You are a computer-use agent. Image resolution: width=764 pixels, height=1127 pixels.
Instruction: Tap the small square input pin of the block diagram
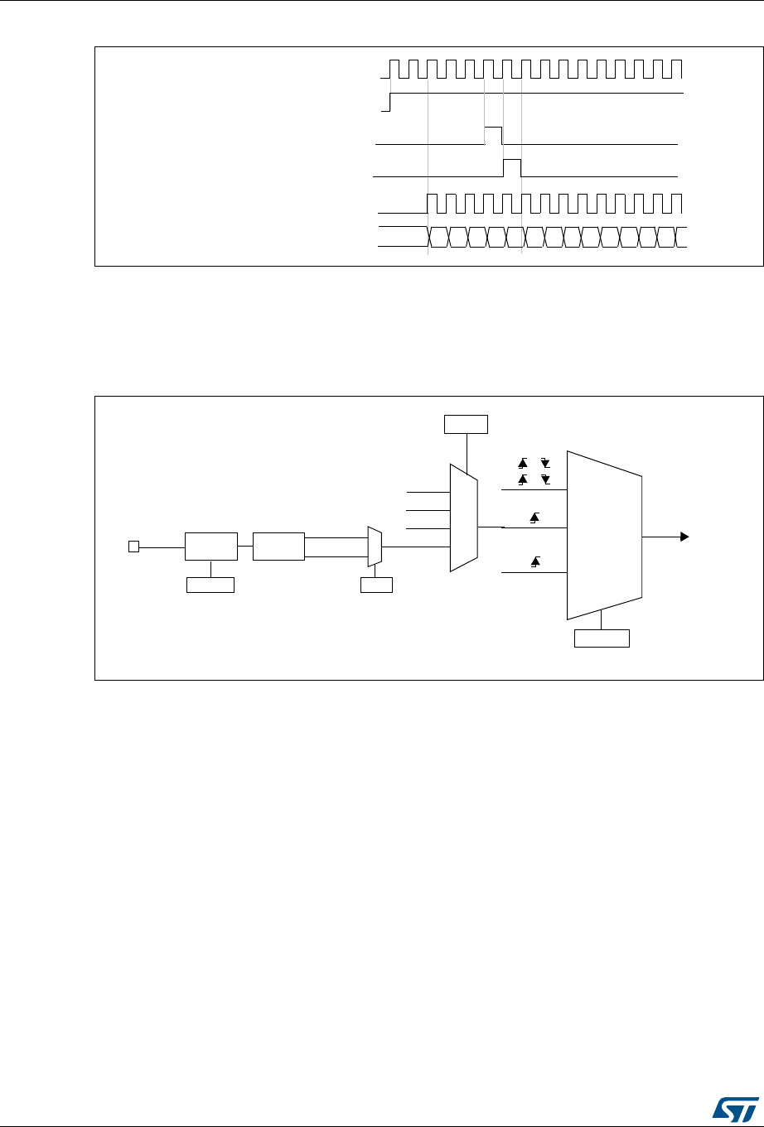click(x=133, y=546)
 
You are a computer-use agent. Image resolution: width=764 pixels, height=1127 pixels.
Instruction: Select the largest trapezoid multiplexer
click(x=604, y=535)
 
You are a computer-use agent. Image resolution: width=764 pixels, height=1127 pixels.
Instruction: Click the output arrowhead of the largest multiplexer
click(x=684, y=537)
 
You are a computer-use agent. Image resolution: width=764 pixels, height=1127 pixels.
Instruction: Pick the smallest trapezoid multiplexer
click(x=375, y=547)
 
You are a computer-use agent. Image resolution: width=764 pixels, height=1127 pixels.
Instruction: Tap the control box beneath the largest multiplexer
click(x=602, y=638)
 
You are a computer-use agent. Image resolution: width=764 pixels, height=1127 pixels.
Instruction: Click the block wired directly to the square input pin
click(x=210, y=547)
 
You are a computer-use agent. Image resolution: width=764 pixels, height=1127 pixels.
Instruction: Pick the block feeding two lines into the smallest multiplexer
click(x=278, y=547)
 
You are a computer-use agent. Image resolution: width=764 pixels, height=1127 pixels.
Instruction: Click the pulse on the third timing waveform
click(x=493, y=135)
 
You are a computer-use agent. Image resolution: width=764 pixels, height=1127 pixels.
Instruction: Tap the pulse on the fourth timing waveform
click(x=513, y=166)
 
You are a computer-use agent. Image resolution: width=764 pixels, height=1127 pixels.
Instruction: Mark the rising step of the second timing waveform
click(x=390, y=101)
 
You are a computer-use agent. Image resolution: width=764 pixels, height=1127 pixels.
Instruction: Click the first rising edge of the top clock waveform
click(x=390, y=70)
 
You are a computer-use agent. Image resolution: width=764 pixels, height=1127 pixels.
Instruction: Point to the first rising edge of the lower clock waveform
click(x=428, y=204)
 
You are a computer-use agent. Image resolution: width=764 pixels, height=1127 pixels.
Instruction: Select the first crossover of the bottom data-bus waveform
click(x=428, y=236)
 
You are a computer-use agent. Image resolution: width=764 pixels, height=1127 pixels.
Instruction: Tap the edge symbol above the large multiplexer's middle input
click(x=534, y=518)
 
